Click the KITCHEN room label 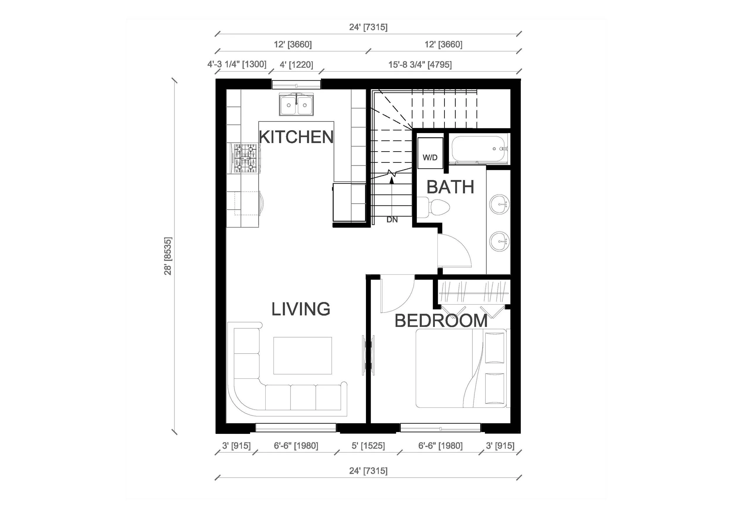click(x=296, y=137)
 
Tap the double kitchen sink click(x=296, y=104)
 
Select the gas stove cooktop click(x=245, y=158)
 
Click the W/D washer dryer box click(x=430, y=154)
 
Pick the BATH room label click(x=450, y=187)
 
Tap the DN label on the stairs click(x=392, y=220)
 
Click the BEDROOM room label click(x=441, y=321)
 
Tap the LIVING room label click(x=301, y=309)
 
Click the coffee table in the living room click(x=302, y=355)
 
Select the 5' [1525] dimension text click(x=368, y=446)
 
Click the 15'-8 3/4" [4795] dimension click(x=420, y=65)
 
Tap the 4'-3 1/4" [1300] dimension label click(x=237, y=64)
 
